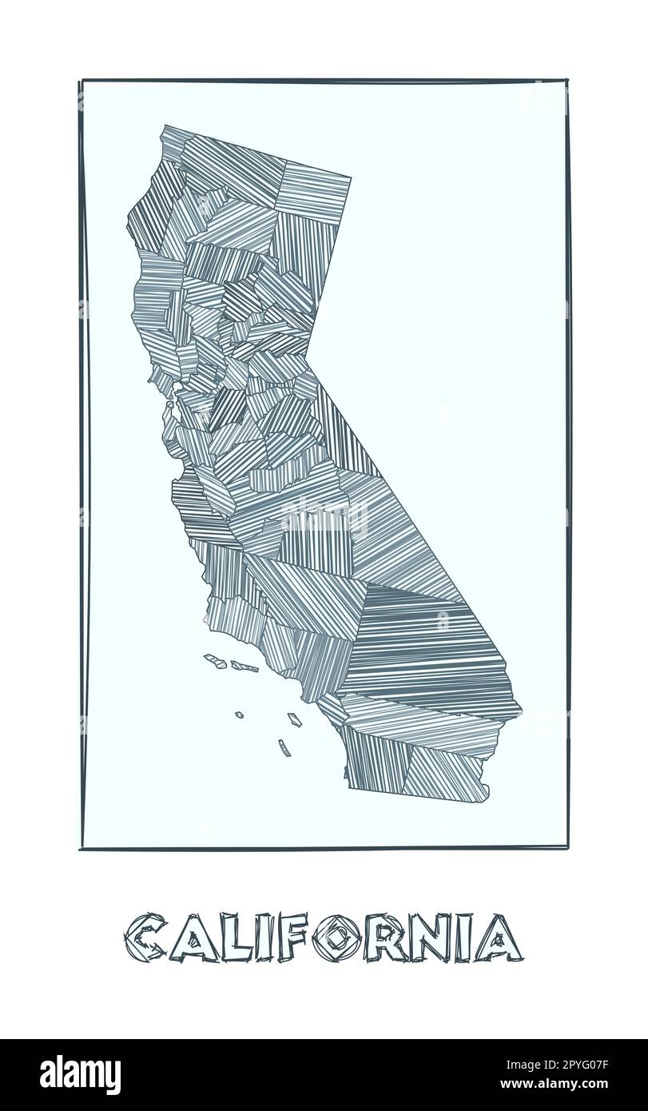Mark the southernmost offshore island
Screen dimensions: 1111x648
pos(284,748)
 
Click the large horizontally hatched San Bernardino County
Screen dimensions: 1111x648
pos(423,647)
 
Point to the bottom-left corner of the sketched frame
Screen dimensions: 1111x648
pos(81,849)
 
